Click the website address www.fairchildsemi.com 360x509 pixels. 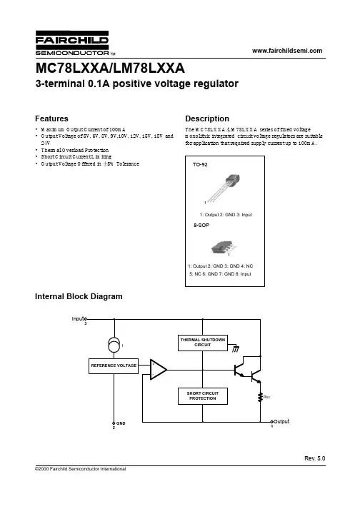[x=287, y=51]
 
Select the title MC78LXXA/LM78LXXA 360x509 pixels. [x=110, y=68]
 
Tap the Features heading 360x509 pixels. [x=51, y=119]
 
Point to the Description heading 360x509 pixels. [x=207, y=119]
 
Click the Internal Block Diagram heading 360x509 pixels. [x=79, y=296]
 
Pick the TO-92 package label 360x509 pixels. [x=200, y=165]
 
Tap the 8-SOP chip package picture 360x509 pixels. [x=223, y=248]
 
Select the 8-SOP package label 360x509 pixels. [x=201, y=225]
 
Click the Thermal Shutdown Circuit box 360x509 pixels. [x=203, y=343]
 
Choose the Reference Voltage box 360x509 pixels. [x=114, y=366]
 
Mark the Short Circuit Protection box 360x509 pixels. [x=203, y=396]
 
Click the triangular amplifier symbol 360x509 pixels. [x=159, y=369]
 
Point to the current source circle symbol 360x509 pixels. [x=114, y=345]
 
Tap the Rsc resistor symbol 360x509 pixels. [x=260, y=397]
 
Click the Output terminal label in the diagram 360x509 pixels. [x=281, y=421]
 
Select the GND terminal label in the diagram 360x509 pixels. [x=121, y=423]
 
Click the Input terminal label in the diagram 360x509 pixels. [x=79, y=319]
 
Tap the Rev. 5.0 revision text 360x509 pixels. [x=314, y=458]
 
